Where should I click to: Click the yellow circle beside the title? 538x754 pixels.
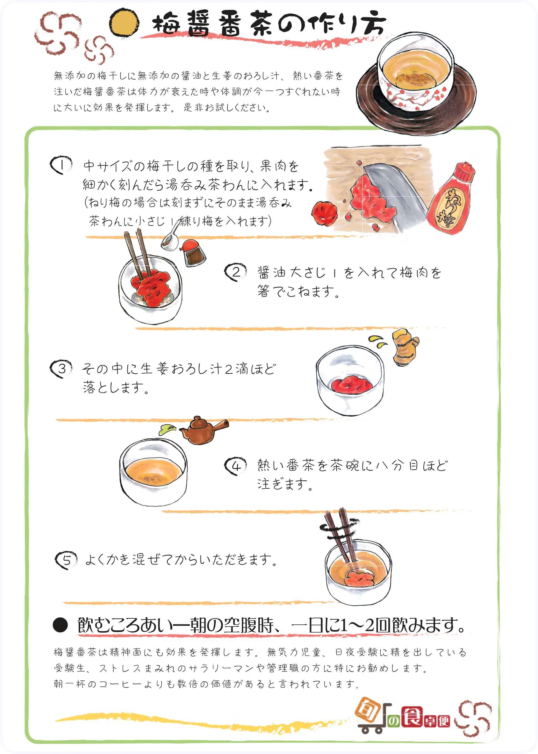pos(124,22)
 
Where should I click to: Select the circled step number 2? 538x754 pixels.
pos(235,272)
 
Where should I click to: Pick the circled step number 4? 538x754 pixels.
pos(235,466)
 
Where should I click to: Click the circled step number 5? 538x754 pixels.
pos(66,560)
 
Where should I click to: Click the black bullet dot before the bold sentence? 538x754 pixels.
pos(60,625)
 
